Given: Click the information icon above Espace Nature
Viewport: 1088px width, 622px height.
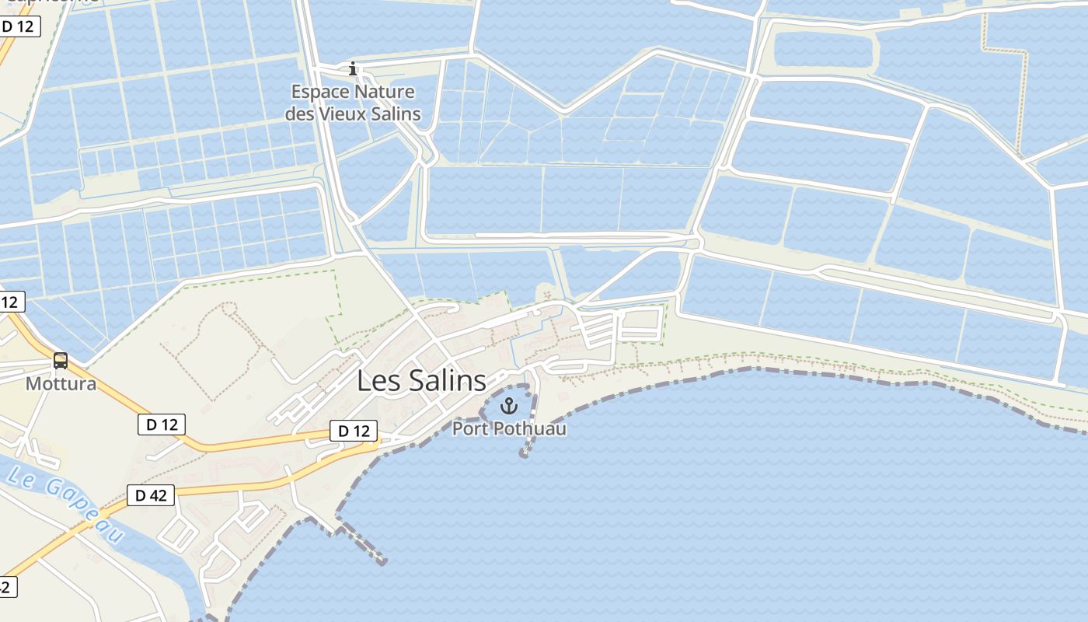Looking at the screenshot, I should click(354, 69).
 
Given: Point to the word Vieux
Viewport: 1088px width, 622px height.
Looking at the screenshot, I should click(346, 114).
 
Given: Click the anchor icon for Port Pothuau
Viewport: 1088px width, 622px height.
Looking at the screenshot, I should click(509, 406).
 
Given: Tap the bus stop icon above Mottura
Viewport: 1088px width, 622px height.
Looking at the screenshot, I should click(61, 361).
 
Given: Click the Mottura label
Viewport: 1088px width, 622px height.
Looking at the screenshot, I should click(61, 384).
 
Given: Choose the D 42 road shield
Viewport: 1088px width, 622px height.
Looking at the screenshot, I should click(151, 495).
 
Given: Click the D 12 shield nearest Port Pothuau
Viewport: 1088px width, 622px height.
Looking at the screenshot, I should click(354, 431).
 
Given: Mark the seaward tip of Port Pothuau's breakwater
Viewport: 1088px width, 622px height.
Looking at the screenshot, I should click(524, 454).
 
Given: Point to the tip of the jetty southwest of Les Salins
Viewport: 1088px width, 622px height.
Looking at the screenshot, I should click(382, 561).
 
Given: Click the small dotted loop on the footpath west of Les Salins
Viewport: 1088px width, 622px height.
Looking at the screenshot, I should click(229, 308).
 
